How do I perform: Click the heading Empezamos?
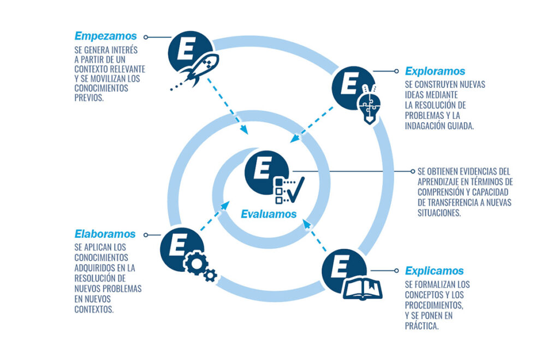(x=106, y=37)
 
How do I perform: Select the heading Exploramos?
(x=435, y=71)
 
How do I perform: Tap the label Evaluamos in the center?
(x=269, y=214)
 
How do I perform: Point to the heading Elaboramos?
(x=105, y=234)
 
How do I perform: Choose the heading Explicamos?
(x=434, y=271)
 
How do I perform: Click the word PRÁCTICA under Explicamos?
(x=422, y=327)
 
